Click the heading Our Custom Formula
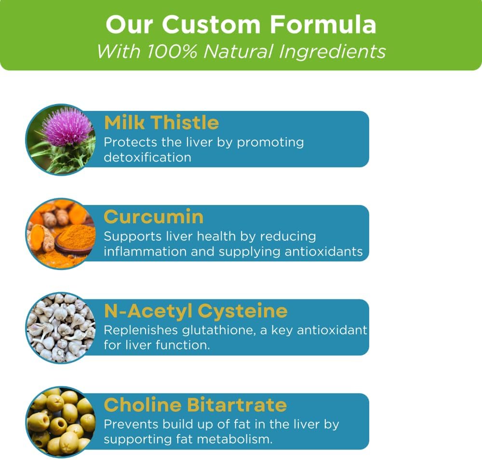[241, 25]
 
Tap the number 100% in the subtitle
[170, 51]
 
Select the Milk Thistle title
[161, 123]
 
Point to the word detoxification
[147, 157]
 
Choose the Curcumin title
[153, 217]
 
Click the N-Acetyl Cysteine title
[196, 311]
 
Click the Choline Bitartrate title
[195, 405]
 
